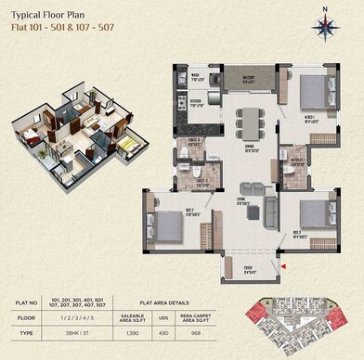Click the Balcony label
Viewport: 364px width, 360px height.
coord(249,79)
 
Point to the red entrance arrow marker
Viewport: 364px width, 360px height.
coord(284,267)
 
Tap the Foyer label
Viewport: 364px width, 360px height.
coord(248,271)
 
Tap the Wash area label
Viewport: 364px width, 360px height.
coord(197,78)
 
